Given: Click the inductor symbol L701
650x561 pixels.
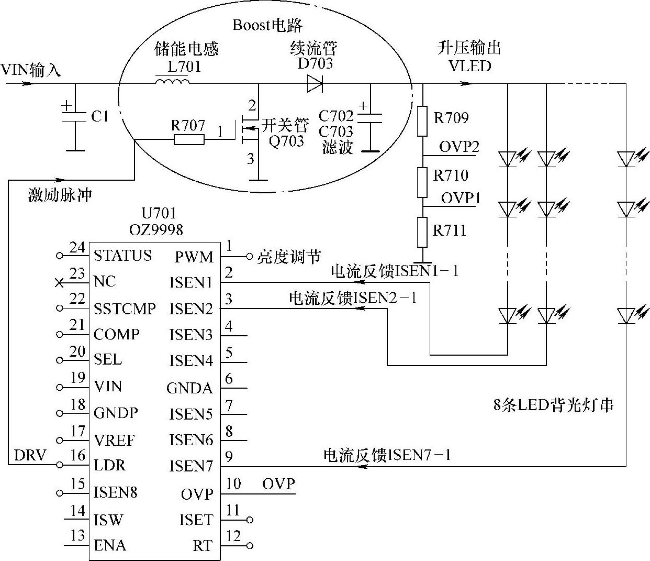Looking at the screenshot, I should [172, 82].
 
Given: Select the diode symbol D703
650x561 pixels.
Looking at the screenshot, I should [315, 83].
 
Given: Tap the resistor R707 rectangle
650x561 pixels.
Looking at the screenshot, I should [189, 139].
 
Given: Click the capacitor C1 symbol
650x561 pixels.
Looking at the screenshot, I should [74, 116].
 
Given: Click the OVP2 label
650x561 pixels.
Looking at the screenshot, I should [459, 147].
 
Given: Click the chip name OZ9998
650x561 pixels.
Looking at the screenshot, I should [156, 229].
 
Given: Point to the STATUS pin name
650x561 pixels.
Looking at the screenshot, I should [122, 256].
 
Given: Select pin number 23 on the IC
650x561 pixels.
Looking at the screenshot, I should [77, 273].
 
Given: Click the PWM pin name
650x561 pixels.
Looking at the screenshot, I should [194, 257].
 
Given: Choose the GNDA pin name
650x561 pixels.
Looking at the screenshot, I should [189, 388].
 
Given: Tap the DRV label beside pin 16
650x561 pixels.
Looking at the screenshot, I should [30, 456].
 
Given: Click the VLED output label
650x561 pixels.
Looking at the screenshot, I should [469, 66].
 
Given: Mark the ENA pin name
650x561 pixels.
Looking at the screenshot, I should [110, 545].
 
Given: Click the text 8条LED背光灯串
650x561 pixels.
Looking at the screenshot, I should [553, 405].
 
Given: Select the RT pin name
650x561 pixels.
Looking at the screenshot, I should [203, 546].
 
